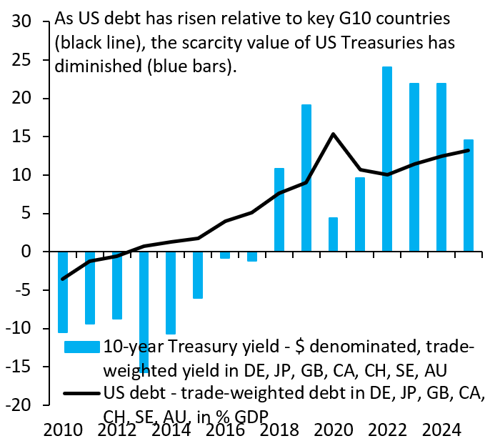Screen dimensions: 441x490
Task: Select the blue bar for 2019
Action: click(x=306, y=178)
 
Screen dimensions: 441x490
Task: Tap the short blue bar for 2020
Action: click(x=333, y=234)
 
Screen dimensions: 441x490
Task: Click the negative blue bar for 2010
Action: click(x=63, y=292)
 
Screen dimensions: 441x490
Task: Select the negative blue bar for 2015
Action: click(x=198, y=274)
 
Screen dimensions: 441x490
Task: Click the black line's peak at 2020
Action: click(x=333, y=134)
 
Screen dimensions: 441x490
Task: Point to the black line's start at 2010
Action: click(x=63, y=279)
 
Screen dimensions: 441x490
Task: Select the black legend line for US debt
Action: click(x=80, y=392)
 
